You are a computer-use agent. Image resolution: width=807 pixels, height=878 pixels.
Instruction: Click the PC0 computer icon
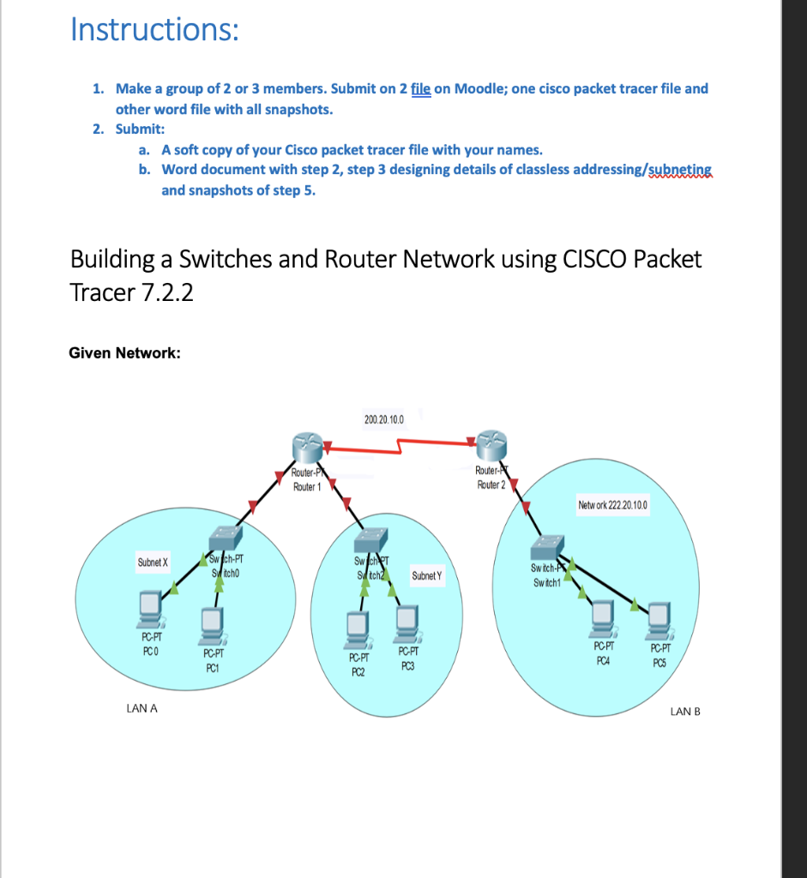tap(151, 608)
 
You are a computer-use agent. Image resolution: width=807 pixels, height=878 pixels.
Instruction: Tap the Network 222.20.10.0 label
tap(612, 506)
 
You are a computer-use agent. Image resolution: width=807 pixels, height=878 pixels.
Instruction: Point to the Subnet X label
tap(153, 562)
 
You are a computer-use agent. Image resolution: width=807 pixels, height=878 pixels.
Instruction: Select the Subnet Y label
tap(426, 575)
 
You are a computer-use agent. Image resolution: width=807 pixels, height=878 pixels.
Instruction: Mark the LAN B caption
tap(685, 711)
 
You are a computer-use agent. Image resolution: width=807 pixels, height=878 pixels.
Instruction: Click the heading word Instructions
tap(154, 31)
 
